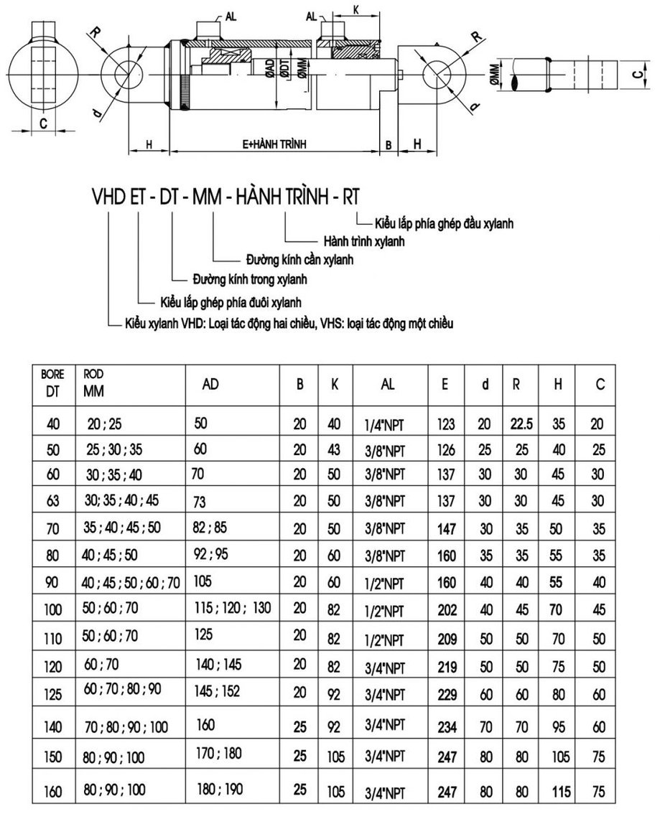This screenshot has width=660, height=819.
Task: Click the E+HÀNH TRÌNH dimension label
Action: [x=275, y=144]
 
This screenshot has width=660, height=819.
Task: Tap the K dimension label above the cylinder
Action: [x=357, y=10]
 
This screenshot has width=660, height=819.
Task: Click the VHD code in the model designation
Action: [x=106, y=197]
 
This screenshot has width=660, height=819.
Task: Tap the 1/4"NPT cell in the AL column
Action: [x=385, y=424]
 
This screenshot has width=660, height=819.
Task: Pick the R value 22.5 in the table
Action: [x=521, y=423]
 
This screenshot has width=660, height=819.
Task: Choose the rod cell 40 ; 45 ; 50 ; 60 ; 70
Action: [x=131, y=581]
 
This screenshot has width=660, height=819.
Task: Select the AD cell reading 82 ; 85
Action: [x=210, y=528]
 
